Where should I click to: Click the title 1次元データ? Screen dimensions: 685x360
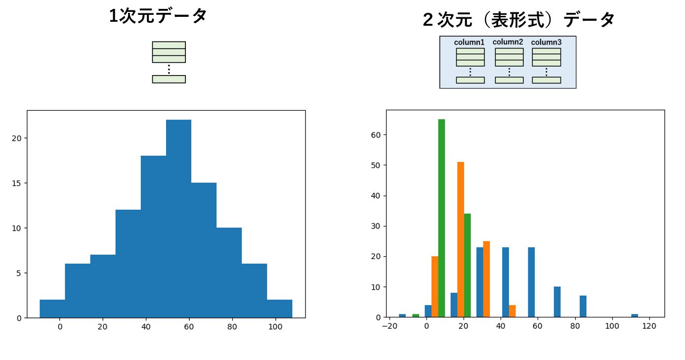[158, 16]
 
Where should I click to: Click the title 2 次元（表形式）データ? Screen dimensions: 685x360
[518, 20]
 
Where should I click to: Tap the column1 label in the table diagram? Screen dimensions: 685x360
[469, 42]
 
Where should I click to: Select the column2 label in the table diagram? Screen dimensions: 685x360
[508, 42]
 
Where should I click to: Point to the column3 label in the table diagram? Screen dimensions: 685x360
[546, 42]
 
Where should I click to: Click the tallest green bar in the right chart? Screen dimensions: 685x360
[441, 218]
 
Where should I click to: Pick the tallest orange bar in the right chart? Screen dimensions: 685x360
[461, 239]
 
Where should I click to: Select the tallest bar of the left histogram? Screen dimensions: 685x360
[178, 219]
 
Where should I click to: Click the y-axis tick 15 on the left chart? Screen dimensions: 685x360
[17, 183]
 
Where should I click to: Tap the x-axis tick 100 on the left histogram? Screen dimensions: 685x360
[275, 327]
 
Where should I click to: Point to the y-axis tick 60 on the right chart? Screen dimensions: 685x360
[376, 135]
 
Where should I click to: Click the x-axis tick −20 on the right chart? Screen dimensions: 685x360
[389, 326]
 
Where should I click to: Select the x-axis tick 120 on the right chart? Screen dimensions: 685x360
[649, 326]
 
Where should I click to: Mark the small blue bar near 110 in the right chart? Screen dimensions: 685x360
[635, 315]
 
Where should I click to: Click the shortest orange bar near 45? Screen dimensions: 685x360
[512, 311]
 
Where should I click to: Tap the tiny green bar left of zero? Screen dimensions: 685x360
[416, 315]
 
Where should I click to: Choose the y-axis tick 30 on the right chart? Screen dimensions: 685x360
[376, 226]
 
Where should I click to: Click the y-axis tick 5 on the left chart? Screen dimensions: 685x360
[19, 273]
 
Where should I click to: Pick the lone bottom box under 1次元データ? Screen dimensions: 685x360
[169, 79]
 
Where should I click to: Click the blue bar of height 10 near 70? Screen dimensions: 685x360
[557, 302]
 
